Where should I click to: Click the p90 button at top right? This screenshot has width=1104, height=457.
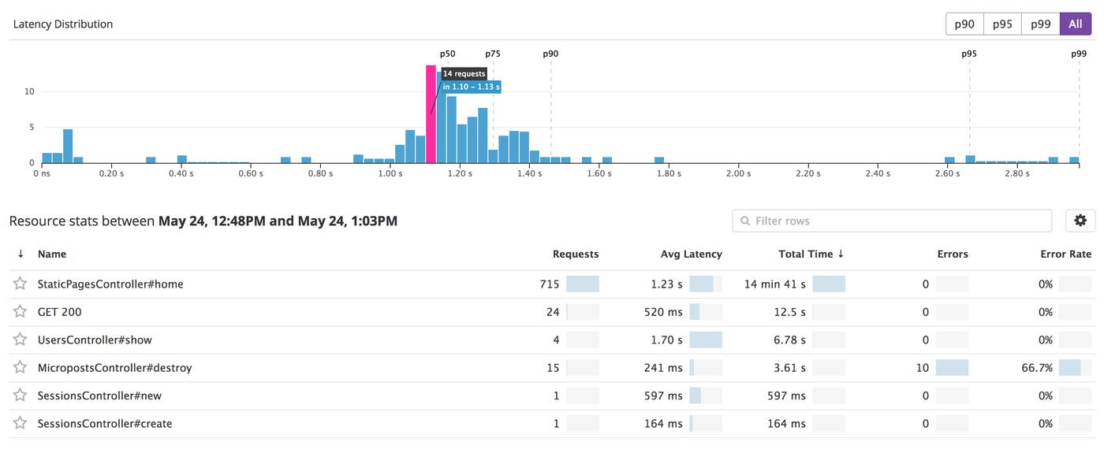coord(964,24)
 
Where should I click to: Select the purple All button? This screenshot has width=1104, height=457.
coord(1076,24)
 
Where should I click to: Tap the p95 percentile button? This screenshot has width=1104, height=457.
coord(1002,24)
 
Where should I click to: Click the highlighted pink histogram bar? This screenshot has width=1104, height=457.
coord(431,113)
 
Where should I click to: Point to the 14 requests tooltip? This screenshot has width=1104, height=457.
coord(464,74)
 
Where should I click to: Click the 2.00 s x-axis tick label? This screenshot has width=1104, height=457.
coord(738,173)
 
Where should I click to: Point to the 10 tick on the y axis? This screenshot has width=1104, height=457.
coord(30,91)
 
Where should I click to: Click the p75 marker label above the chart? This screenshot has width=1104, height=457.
coord(493,54)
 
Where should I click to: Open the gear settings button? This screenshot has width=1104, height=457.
coord(1080,221)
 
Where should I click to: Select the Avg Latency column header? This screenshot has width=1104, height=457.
coord(691,254)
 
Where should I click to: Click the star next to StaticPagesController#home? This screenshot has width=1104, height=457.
coord(20,284)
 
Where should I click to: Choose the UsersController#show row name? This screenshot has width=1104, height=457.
coord(95,340)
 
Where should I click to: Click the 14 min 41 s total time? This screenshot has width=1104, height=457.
coord(774,284)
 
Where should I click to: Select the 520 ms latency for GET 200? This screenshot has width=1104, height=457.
coord(663,312)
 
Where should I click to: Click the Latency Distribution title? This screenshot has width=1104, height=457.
coord(63,24)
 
